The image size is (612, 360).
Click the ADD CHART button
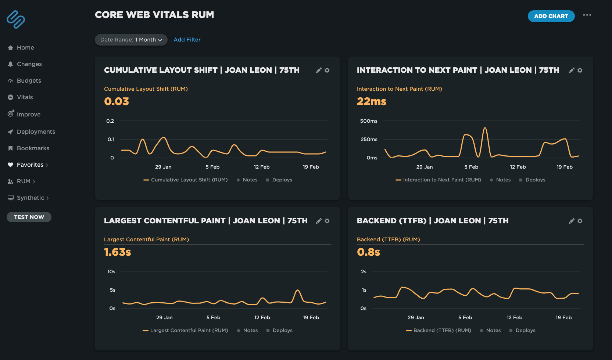[551, 16]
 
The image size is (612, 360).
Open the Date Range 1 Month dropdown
[131, 40]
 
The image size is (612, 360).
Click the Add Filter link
[187, 40]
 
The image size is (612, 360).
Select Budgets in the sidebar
[29, 81]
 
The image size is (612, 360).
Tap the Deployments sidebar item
[36, 132]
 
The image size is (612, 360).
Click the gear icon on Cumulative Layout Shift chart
[327, 70]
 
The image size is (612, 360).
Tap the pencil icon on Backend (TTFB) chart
[571, 221]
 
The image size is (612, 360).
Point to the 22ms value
[371, 101]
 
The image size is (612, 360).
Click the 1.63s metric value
[117, 252]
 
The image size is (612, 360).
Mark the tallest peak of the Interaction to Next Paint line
[485, 128]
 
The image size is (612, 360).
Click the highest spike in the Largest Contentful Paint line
[297, 291]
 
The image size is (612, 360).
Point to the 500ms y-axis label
[369, 121]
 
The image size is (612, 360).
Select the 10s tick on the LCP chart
[111, 272]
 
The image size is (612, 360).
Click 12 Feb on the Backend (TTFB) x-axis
[514, 317]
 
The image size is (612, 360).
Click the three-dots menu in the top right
[587, 15]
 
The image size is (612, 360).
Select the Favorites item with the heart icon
[30, 165]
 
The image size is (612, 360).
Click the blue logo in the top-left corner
[16, 19]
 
